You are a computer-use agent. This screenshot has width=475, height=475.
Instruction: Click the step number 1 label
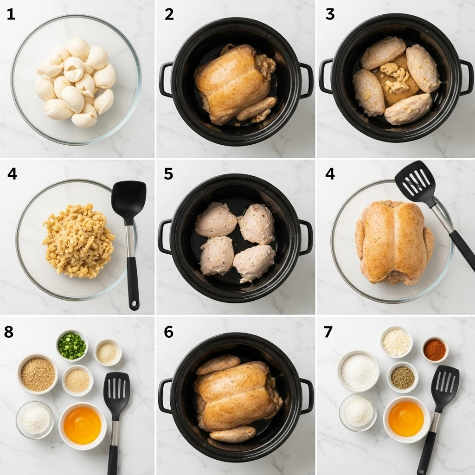tap(11, 14)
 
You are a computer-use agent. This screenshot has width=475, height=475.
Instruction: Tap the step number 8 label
tap(9, 332)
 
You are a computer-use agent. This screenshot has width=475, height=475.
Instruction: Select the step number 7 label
tap(328, 332)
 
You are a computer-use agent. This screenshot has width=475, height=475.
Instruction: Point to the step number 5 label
tap(168, 174)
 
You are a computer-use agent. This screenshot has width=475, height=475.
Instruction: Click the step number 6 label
tap(168, 332)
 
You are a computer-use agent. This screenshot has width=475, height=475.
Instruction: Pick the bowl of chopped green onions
tap(72, 346)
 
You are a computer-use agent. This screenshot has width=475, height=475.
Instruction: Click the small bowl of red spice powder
tap(435, 350)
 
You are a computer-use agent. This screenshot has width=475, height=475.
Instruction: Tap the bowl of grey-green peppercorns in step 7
tap(402, 377)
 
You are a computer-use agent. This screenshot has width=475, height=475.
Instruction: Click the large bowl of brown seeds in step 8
tap(38, 374)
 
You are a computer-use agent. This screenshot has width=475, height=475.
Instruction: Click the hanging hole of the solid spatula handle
tap(134, 305)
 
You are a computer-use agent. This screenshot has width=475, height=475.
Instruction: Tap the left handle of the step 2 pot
tap(166, 79)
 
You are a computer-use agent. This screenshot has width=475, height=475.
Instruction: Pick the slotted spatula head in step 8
tap(117, 389)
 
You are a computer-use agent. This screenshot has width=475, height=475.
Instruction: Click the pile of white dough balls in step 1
tap(75, 81)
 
